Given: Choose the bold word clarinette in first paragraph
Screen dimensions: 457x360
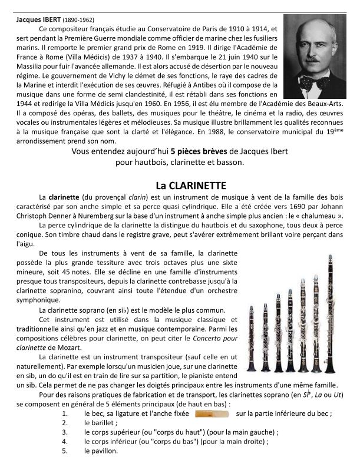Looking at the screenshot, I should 65,197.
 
